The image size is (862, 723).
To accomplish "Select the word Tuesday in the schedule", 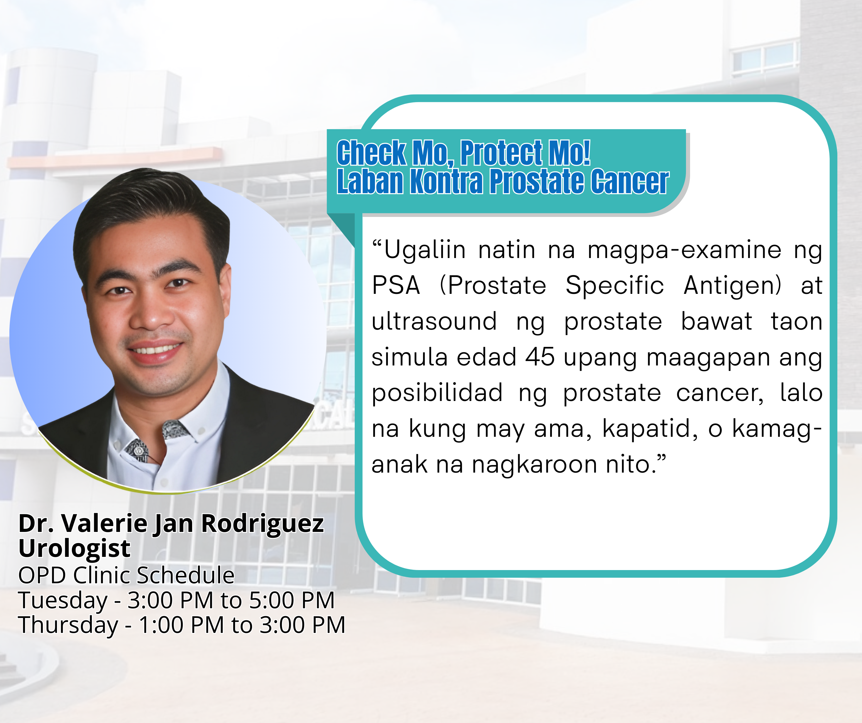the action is pos(63,601).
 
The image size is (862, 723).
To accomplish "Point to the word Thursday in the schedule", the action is pos(68,625).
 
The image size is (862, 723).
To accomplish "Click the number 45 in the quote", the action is pos(540,357).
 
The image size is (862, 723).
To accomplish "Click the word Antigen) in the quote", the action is pos(732,286).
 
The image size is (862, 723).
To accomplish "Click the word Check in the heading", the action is pos(371,153).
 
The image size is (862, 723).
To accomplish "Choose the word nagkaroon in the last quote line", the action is pos(535,465).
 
